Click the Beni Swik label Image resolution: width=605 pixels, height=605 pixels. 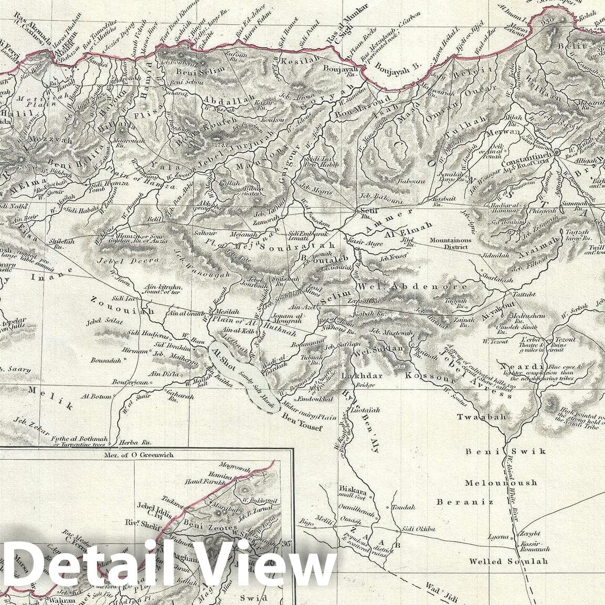(506, 451)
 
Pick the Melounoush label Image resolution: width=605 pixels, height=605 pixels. (501, 483)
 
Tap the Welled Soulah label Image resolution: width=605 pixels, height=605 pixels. (508, 561)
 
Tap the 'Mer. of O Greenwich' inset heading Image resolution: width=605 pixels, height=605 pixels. (139, 455)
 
